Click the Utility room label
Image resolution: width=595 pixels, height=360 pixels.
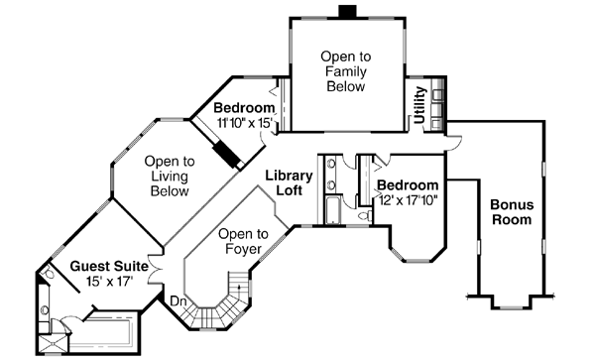[420, 106]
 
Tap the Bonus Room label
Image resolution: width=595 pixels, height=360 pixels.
[512, 212]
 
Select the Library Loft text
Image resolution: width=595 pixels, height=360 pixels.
[289, 182]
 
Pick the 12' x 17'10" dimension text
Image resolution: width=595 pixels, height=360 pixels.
[408, 200]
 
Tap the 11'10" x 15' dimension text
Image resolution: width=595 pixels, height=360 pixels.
[245, 122]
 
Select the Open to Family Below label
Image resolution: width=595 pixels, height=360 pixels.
[345, 71]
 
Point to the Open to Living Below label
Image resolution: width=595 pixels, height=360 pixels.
[169, 176]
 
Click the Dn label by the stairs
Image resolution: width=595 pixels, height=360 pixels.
[178, 300]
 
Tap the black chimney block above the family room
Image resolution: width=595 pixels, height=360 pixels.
[346, 12]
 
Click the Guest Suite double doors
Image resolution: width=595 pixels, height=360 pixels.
[154, 268]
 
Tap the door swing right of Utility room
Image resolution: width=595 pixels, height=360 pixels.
[452, 141]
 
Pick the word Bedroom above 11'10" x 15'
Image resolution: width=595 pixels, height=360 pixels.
[245, 107]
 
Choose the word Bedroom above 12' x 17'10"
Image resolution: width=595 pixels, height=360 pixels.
[408, 185]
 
